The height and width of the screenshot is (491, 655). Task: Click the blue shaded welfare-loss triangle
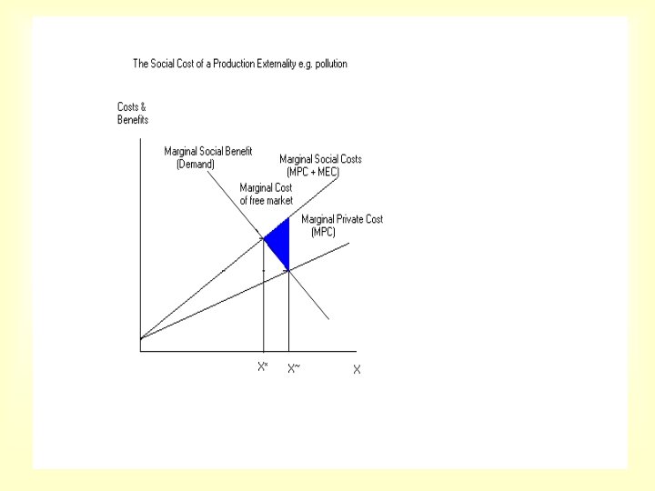279,242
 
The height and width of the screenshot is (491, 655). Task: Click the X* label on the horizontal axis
262,367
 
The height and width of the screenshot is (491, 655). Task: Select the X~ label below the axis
293,368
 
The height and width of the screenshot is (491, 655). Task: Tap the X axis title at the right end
357,369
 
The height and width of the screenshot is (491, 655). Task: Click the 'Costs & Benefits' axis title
132,114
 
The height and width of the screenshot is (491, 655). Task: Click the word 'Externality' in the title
269,65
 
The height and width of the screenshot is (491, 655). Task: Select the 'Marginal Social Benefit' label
208,152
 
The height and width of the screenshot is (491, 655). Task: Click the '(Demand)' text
196,165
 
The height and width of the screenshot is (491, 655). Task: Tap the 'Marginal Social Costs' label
320,159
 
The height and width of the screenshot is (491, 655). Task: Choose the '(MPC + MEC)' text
313,172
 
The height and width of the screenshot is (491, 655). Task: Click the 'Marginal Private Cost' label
342,219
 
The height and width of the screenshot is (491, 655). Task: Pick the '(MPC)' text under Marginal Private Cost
323,232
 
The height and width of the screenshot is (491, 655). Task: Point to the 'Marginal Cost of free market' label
266,194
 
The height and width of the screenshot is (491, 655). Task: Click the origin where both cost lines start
141,339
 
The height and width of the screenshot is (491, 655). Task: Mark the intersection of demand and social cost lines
264,238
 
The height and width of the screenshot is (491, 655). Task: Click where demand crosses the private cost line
288,269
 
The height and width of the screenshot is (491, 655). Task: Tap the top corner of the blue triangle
288,218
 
